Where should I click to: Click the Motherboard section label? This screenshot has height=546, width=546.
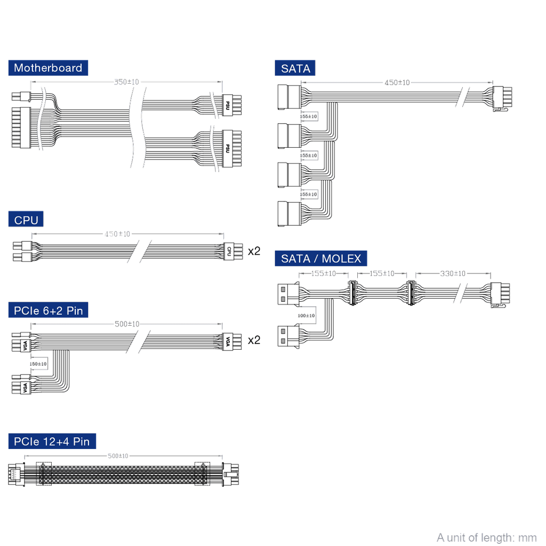coord(48,68)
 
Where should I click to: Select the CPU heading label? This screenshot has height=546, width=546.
coord(26,220)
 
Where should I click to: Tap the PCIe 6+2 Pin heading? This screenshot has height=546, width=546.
coord(49,310)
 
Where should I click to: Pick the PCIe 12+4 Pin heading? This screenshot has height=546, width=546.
coord(52,441)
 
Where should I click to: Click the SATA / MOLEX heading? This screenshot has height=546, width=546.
coord(321,259)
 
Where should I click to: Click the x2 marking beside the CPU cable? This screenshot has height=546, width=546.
coord(254,250)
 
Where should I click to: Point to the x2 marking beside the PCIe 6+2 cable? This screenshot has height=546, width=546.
coord(254,340)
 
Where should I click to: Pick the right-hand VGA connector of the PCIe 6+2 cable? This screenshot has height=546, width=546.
coord(228,340)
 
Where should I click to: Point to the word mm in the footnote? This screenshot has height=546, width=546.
coord(528,537)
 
